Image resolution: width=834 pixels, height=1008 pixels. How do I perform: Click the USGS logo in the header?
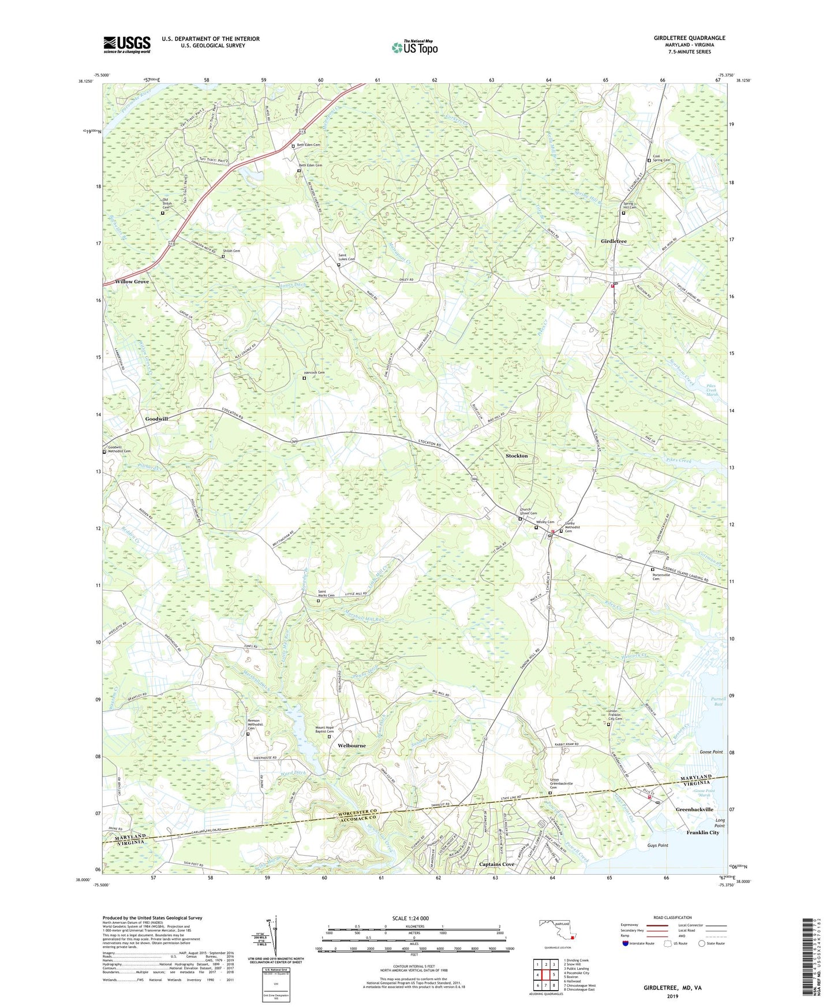[x=127, y=44]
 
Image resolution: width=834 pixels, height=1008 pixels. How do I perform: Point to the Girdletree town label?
[x=614, y=241]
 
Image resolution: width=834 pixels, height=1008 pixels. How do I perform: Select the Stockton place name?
[x=517, y=456]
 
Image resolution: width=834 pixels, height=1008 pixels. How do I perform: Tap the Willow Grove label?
[x=132, y=282]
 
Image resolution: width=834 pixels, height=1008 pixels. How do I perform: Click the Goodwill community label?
[x=156, y=419]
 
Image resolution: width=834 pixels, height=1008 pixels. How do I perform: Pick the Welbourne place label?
[x=351, y=746]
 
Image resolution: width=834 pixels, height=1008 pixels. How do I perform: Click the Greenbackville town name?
[x=694, y=810]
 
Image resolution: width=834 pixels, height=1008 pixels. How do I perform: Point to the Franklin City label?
[x=702, y=832]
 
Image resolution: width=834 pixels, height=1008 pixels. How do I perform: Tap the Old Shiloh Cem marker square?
[x=162, y=213]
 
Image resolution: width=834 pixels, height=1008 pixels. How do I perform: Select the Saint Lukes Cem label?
[x=346, y=258]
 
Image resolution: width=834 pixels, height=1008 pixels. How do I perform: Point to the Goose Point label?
[x=710, y=752]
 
